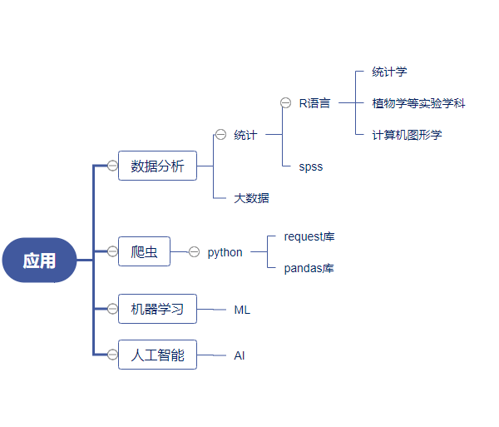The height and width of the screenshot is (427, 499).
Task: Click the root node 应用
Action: coord(39,261)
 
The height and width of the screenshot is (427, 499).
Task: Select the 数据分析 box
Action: coord(157,166)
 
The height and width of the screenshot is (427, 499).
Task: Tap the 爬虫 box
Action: coord(144,251)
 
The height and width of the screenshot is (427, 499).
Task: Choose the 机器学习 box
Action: coord(157,309)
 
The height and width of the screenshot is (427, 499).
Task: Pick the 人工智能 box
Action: coord(157,355)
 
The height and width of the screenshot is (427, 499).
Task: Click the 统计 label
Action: coord(245,135)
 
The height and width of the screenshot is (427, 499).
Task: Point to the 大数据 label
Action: coord(251,198)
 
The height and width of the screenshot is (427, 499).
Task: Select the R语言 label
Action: coord(314,103)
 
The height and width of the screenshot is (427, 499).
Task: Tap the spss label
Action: coord(311,166)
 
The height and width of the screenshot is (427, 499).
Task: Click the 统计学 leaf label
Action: coord(389,72)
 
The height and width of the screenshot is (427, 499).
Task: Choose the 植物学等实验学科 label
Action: coord(418,103)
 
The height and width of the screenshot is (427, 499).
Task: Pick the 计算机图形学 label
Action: coord(407,135)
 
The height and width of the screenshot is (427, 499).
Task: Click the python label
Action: coord(225,252)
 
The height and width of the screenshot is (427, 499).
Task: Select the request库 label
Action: coord(309,237)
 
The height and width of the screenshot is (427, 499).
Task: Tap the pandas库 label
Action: coord(309,268)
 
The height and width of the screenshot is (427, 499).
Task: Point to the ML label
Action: coord(242,310)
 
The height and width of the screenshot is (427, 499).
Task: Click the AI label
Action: coord(240,355)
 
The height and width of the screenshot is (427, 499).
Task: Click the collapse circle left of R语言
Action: coord(285,103)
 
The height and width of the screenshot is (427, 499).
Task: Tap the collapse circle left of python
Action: coord(194,251)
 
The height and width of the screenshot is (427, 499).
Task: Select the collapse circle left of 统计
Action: coord(220,134)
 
